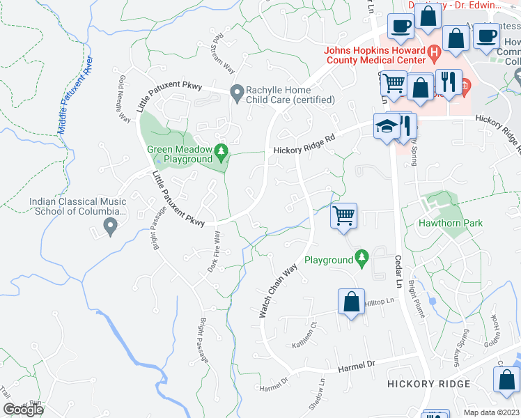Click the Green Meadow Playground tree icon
coord(221,150)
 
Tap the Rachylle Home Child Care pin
coord(237,91)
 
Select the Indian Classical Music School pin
coord(109,225)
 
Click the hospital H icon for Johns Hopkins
coord(435,52)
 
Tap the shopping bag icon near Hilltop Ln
coord(352,302)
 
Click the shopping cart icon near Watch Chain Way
coord(343,216)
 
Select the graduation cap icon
coord(385,126)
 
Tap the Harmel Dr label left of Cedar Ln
coord(357,365)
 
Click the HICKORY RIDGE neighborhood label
coord(429,384)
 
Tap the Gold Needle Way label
coord(125,99)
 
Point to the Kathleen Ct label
coord(309,335)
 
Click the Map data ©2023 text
coord(491,412)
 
